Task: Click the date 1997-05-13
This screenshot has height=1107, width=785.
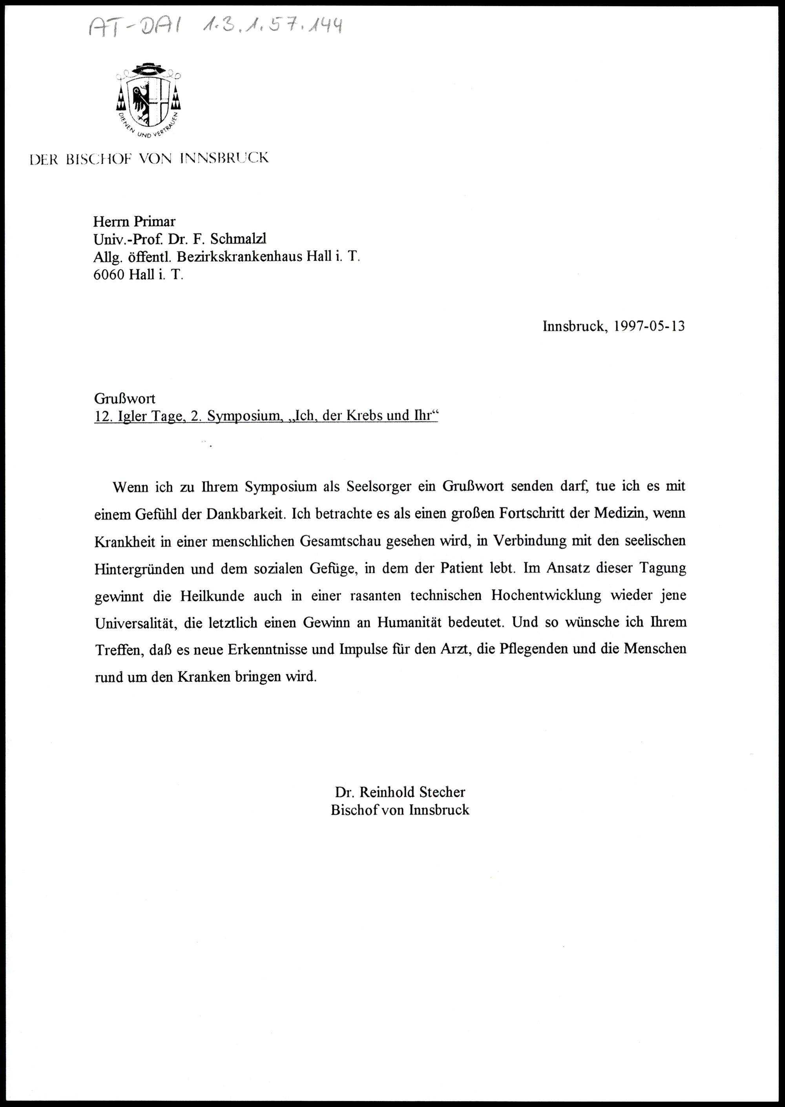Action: (x=649, y=326)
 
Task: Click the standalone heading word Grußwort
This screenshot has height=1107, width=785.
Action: (x=124, y=398)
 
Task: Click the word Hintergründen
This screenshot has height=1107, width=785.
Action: (x=139, y=568)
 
